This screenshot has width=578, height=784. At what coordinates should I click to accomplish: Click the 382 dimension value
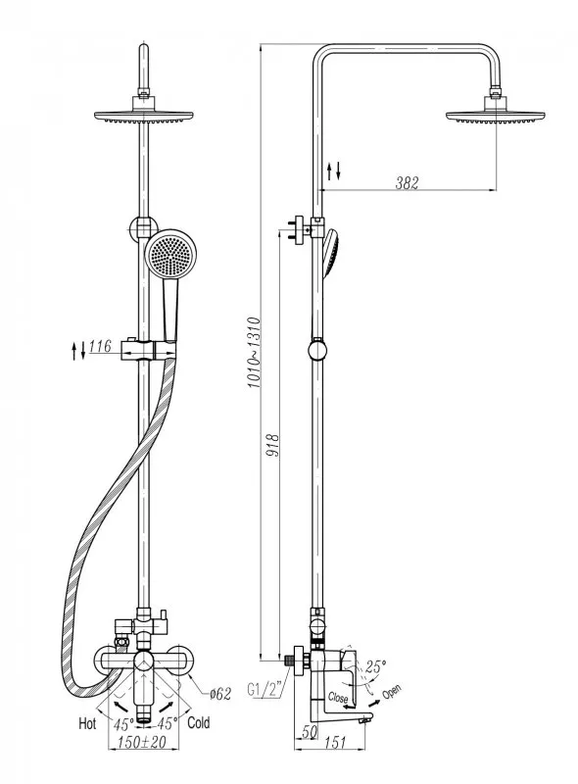[x=407, y=183]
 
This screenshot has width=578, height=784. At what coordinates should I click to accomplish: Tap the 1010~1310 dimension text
[x=254, y=353]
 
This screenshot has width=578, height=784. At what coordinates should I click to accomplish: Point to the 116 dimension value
[x=100, y=346]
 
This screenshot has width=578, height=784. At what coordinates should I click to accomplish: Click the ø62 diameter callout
[x=220, y=694]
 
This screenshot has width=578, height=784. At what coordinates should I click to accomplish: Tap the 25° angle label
[x=375, y=666]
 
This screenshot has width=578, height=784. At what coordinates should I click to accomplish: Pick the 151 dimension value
[x=335, y=743]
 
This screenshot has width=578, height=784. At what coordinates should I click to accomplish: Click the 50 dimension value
[x=310, y=731]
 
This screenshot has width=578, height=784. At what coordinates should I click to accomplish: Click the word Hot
[x=87, y=723]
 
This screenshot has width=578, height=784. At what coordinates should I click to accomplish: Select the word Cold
[x=199, y=722]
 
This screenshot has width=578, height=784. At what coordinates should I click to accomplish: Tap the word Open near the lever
[x=392, y=693]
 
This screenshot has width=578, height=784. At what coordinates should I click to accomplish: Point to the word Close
[x=338, y=697]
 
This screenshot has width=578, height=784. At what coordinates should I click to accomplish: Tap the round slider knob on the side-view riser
[x=317, y=350]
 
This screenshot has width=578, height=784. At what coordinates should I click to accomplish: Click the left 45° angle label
[x=123, y=724]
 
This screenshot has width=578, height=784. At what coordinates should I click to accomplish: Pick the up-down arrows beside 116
[x=78, y=351]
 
